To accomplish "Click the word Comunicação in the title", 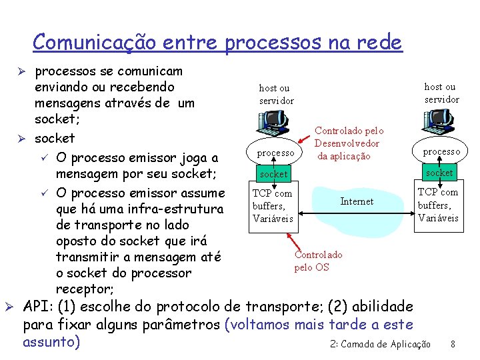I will click(x=94, y=42).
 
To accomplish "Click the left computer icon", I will click(x=273, y=123).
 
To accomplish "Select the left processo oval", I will click(x=275, y=153).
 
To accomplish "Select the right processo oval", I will click(x=441, y=151).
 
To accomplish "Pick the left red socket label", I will click(x=274, y=174).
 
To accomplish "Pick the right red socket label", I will click(x=440, y=173).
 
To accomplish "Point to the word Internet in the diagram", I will click(x=357, y=201).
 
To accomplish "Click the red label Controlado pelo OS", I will click(x=318, y=261).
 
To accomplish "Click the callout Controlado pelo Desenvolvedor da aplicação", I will click(x=349, y=143).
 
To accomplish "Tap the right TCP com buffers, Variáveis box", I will click(x=438, y=205).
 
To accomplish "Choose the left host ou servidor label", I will click(x=276, y=94).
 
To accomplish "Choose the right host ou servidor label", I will click(x=441, y=93).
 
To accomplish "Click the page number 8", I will click(x=453, y=344).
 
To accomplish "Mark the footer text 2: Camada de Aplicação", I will click(x=381, y=344).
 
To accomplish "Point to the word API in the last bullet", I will click(x=39, y=307).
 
